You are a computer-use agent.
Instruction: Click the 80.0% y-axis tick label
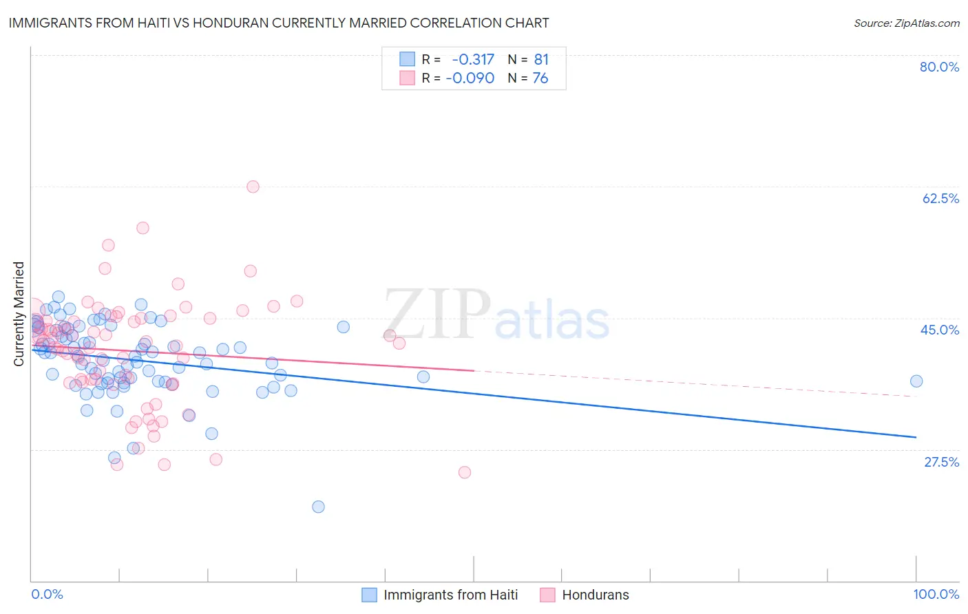[939, 67]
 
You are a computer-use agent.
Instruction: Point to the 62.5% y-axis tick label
[940, 198]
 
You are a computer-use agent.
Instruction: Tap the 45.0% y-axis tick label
[940, 330]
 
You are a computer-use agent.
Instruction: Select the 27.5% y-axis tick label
[941, 462]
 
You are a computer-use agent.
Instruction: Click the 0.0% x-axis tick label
[48, 594]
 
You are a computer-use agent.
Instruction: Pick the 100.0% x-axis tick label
[936, 594]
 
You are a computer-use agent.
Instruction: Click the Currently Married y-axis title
[19, 314]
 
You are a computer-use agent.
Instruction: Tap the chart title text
[279, 23]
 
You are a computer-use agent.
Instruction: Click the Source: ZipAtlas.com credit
[906, 23]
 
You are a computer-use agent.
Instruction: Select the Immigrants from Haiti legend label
[450, 595]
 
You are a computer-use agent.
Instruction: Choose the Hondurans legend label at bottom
[596, 595]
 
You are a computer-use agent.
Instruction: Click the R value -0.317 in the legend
[473, 60]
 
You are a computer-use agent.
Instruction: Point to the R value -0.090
[470, 78]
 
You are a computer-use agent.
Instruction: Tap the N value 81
[541, 60]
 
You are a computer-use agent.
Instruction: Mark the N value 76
[540, 78]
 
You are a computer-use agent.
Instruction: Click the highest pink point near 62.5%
[253, 187]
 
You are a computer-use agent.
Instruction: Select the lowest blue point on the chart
[318, 507]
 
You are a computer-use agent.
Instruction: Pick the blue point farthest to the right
[916, 381]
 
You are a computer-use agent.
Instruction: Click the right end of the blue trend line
[916, 437]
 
